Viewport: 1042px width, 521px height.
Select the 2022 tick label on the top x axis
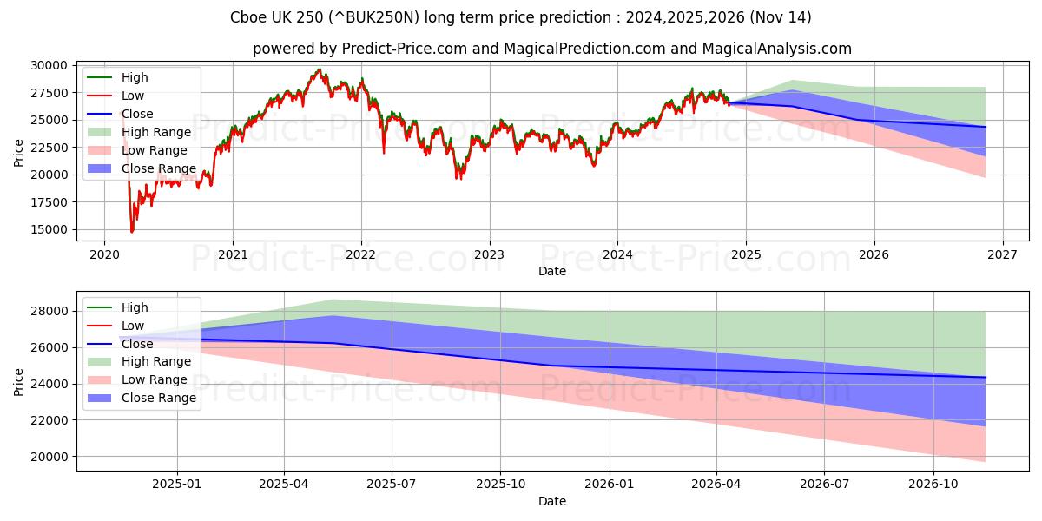pos(360,254)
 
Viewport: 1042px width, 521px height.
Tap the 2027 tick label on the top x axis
pos(1002,254)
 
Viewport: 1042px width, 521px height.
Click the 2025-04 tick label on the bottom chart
pos(284,484)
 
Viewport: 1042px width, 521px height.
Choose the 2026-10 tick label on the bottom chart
pos(933,484)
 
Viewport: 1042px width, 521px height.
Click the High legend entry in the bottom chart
pos(135,307)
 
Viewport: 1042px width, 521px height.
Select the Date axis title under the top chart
pos(552,271)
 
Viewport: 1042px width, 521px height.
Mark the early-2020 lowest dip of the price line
pos(132,232)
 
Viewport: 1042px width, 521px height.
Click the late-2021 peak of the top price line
pos(319,69)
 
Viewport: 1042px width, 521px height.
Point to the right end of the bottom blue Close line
pos(986,377)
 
